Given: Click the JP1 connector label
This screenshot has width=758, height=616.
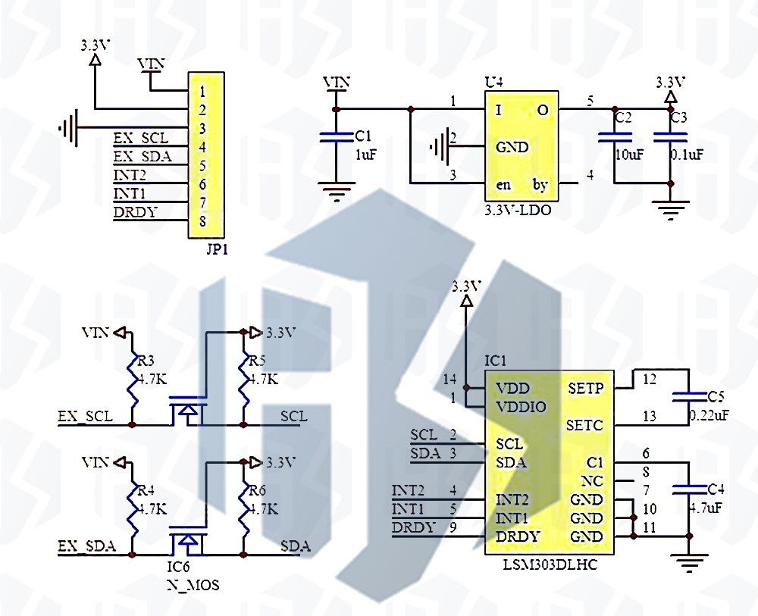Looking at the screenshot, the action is pos(217,250).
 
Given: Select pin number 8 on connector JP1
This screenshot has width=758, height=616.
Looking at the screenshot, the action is pos(202,221).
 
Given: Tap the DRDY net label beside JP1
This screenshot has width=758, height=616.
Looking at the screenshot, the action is pos(136,212).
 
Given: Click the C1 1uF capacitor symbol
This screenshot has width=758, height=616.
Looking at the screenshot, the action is pos(337,136).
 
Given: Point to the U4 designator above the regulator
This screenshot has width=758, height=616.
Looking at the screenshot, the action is pos(493,83).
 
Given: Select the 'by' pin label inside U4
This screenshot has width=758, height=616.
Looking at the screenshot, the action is pos(540,185).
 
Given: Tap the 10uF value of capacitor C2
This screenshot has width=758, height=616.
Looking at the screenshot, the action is pos(629,155).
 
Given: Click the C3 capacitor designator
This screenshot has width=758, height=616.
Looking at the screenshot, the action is pos(678,117).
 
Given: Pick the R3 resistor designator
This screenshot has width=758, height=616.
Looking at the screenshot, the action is pos(146,361).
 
